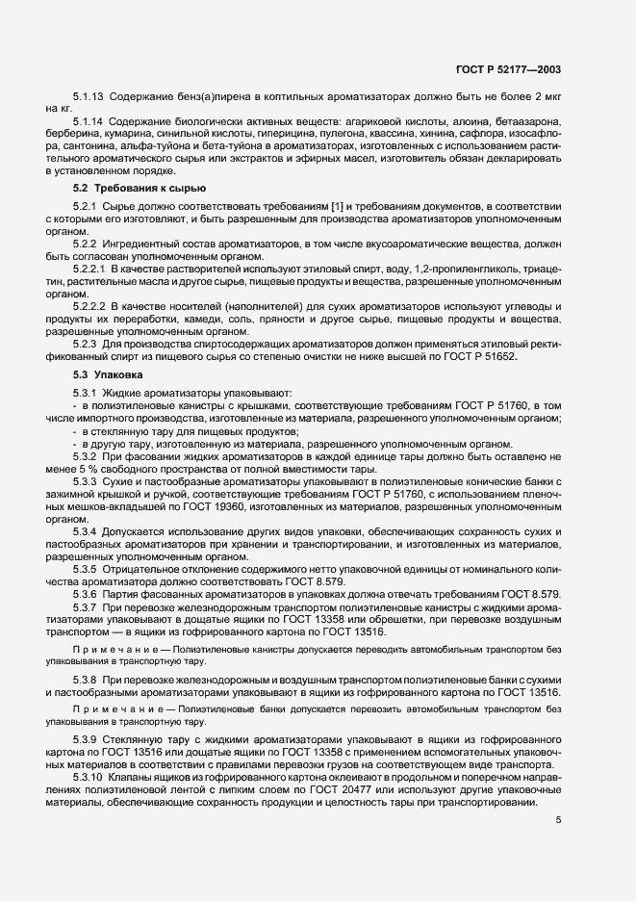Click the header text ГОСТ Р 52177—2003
[521, 69]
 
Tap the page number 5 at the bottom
[558, 820]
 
